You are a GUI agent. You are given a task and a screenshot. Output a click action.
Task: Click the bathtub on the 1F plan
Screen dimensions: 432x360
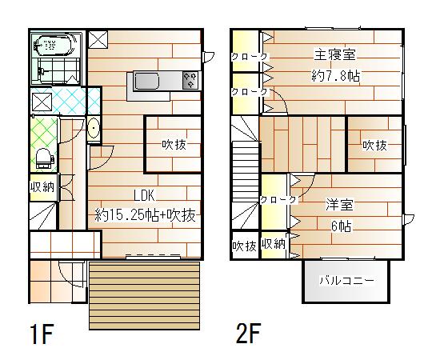pyautogui.click(x=55, y=45)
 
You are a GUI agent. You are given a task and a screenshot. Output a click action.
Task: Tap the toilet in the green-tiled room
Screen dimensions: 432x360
pyautogui.click(x=45, y=158)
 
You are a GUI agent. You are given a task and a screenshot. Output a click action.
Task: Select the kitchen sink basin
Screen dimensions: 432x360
pyautogui.click(x=146, y=81)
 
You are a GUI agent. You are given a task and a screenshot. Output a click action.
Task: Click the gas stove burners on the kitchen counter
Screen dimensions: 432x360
pyautogui.click(x=190, y=81)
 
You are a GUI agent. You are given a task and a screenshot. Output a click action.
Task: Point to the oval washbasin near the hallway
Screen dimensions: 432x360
pyautogui.click(x=94, y=128)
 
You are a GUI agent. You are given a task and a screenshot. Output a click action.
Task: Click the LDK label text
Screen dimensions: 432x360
pyautogui.click(x=144, y=196)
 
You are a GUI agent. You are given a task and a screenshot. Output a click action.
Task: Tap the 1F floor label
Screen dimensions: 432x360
pyautogui.click(x=42, y=334)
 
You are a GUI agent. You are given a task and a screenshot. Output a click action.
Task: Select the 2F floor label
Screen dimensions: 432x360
pyautogui.click(x=249, y=334)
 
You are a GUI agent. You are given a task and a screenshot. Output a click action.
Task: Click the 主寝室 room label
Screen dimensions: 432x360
pyautogui.click(x=335, y=54)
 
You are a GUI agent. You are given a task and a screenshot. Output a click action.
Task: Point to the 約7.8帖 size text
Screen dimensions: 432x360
pyautogui.click(x=335, y=75)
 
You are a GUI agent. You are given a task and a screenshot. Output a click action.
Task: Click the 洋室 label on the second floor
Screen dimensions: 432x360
pyautogui.click(x=339, y=205)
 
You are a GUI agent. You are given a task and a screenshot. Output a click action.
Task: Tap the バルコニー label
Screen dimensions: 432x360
pyautogui.click(x=347, y=280)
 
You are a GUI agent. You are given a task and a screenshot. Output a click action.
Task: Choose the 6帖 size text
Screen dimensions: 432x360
pyautogui.click(x=341, y=226)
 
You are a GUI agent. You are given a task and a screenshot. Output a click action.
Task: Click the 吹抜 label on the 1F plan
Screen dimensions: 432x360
pyautogui.click(x=174, y=144)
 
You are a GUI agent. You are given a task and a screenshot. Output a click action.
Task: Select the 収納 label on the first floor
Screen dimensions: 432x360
pyautogui.click(x=42, y=187)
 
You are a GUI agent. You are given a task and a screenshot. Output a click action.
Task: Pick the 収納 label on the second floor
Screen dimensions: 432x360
pyautogui.click(x=274, y=244)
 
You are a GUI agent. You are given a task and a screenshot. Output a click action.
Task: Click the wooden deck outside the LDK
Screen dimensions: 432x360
pyautogui.click(x=144, y=295)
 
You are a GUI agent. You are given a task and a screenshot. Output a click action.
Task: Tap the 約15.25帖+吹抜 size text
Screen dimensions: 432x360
pyautogui.click(x=145, y=215)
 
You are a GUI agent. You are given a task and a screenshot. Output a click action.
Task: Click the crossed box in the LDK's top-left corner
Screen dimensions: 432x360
pyautogui.click(x=98, y=40)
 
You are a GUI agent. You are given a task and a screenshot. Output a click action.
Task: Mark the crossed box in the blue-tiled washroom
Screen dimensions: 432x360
pyautogui.click(x=42, y=102)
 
